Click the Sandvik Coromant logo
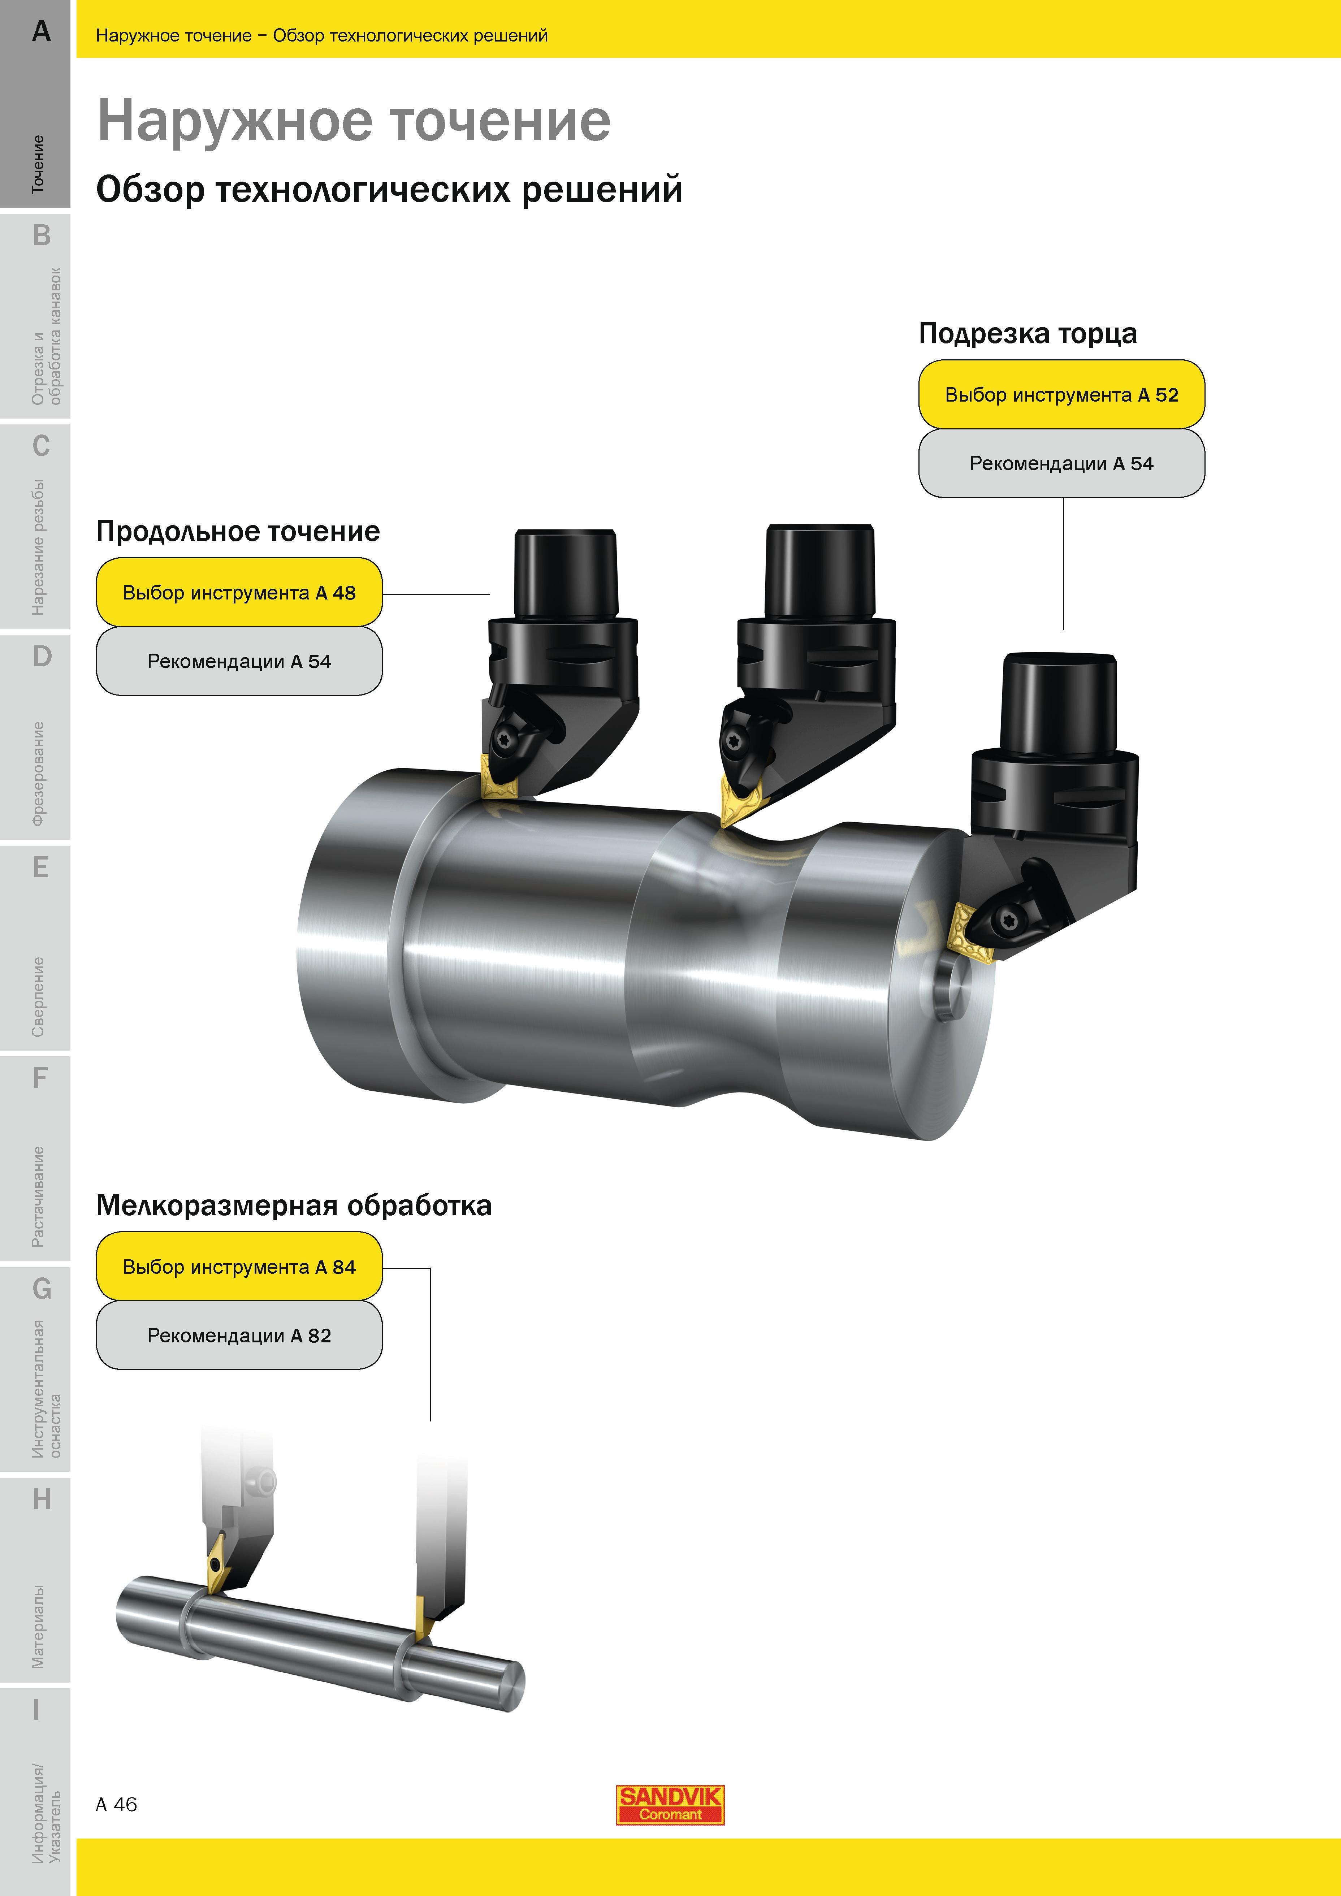(670, 1804)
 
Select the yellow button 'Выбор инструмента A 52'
(1061, 395)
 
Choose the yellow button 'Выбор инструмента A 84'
(239, 1267)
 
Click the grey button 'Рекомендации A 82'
(239, 1335)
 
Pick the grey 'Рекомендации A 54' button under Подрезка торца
(1061, 463)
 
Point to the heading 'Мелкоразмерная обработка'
(294, 1205)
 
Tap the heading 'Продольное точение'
(238, 531)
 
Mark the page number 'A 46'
(116, 1804)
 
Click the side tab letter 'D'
(41, 657)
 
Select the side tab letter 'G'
(41, 1288)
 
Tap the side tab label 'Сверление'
(38, 997)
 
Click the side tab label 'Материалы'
(38, 1627)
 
